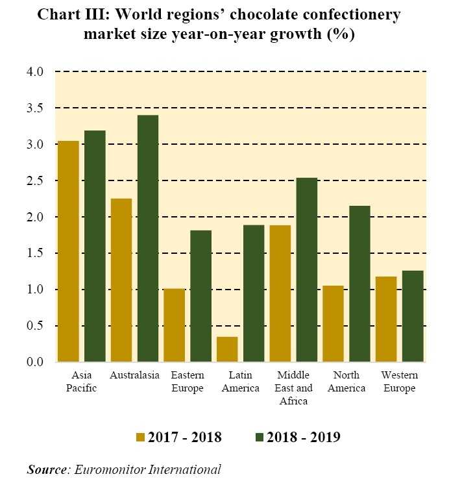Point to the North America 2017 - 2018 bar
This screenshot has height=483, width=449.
[333, 324]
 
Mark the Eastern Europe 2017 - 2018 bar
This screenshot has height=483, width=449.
[174, 325]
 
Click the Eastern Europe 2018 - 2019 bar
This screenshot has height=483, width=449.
[200, 296]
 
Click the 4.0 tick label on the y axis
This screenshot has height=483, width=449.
[35, 72]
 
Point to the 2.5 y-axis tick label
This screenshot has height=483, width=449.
[35, 180]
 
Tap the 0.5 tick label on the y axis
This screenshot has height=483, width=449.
[35, 326]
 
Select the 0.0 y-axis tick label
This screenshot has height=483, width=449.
[35, 362]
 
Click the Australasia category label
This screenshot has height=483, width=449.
[134, 376]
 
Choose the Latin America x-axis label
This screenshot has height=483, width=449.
[240, 382]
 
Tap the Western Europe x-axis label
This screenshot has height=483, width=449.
[399, 382]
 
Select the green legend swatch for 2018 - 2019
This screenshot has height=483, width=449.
[260, 437]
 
